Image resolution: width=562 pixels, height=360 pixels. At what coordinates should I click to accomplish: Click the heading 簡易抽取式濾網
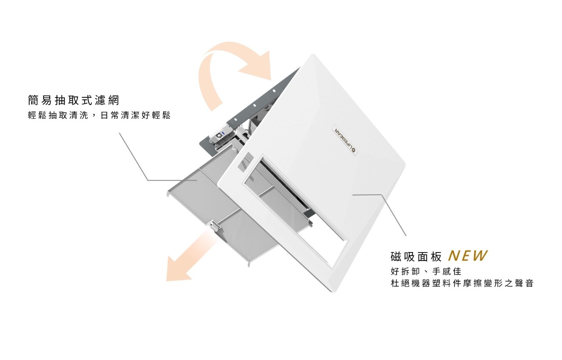click(x=73, y=101)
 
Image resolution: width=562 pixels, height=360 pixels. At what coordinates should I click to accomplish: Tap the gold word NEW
click(x=467, y=256)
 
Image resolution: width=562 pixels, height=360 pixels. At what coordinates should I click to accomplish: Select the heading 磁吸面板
click(x=416, y=257)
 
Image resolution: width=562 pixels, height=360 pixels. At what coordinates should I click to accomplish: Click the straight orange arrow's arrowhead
click(x=177, y=269)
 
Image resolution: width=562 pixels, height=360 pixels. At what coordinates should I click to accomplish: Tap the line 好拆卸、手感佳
click(x=426, y=271)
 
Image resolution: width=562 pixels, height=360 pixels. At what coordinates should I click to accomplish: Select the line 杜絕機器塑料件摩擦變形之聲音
click(x=462, y=283)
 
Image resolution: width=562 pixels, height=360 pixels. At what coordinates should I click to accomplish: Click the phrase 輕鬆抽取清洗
click(x=58, y=115)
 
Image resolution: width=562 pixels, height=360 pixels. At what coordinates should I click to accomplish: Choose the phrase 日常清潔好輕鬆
click(x=136, y=115)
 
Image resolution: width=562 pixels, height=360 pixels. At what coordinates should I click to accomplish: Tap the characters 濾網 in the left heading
click(x=107, y=101)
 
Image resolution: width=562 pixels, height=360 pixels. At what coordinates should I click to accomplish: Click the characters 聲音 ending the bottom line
click(x=524, y=283)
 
